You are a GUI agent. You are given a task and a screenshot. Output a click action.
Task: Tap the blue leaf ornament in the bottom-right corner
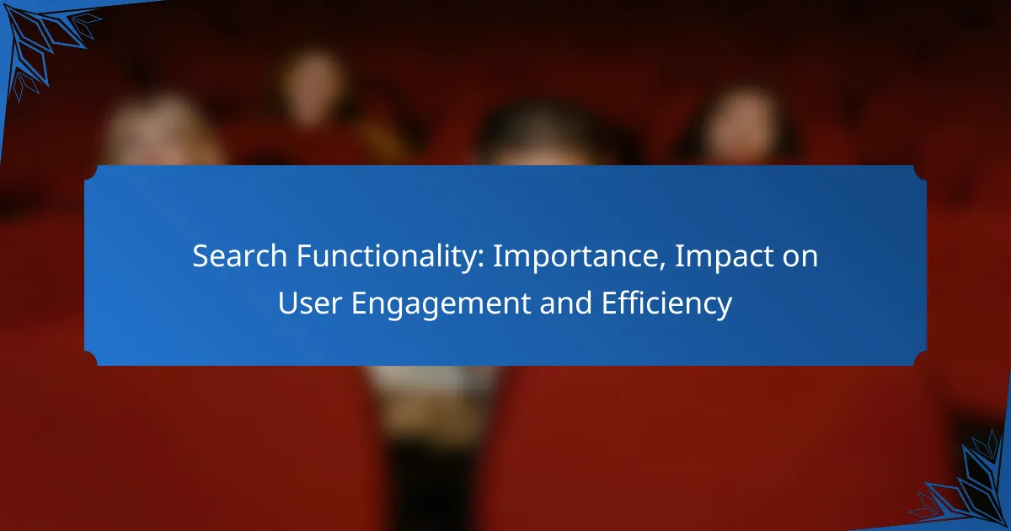coord(969,489)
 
